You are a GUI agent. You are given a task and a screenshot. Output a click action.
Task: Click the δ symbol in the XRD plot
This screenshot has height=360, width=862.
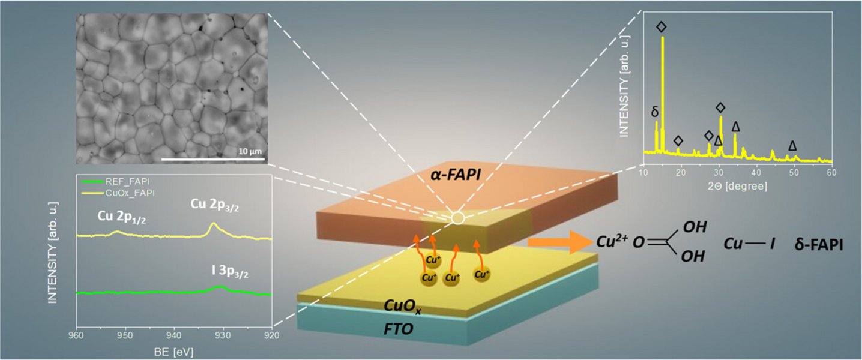pyautogui.click(x=655, y=112)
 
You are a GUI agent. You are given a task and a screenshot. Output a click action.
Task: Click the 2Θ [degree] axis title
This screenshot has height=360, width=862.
pyautogui.click(x=738, y=186)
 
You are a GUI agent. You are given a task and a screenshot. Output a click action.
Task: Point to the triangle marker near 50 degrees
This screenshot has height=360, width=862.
pyautogui.click(x=792, y=146)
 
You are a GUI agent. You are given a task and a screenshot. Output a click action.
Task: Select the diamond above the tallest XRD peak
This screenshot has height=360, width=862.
pyautogui.click(x=662, y=26)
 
